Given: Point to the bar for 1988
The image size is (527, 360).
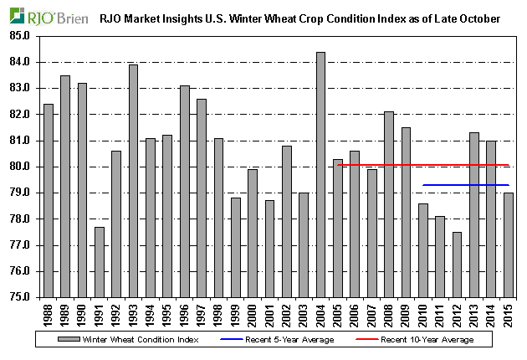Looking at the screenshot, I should point(48,200).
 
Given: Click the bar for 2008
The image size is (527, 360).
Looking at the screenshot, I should point(388,204).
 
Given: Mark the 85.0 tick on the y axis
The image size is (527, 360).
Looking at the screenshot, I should point(18,36).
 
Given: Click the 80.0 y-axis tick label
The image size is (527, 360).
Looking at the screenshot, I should point(18,167).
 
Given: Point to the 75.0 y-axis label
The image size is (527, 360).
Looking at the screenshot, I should point(18,297).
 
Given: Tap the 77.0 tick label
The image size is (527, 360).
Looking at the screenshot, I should point(18,245).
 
